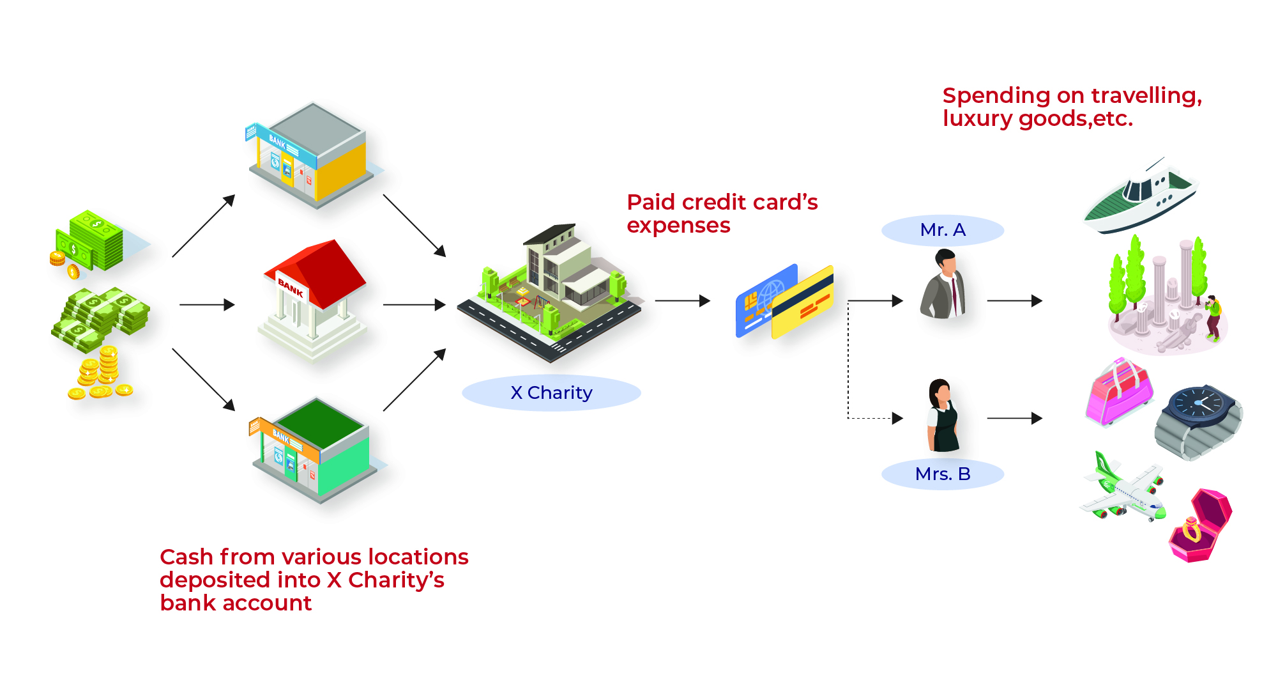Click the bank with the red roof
(312, 300)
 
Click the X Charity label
(551, 392)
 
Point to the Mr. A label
(943, 230)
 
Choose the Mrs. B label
(943, 474)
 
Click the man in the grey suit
(943, 284)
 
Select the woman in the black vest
(943, 415)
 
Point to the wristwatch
(1199, 422)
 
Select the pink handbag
(1119, 392)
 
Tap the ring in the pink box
(1192, 529)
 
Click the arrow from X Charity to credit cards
(683, 300)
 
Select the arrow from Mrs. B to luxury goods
(1015, 418)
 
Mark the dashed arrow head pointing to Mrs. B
(897, 418)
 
